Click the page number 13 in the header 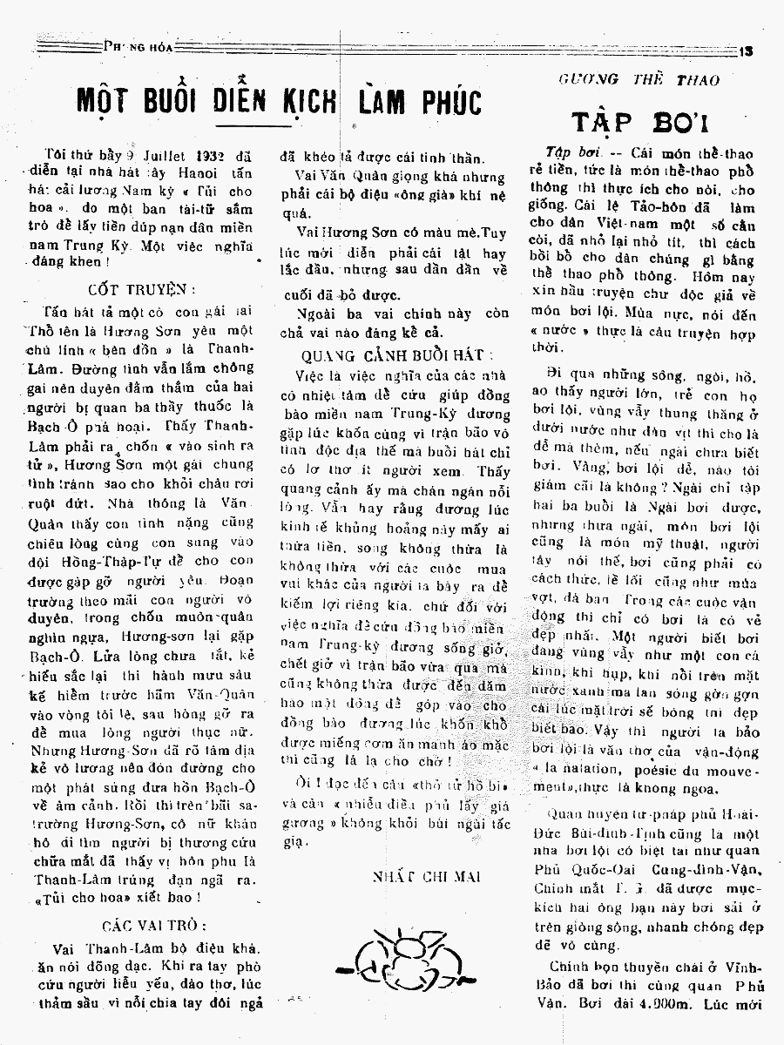coord(747,51)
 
